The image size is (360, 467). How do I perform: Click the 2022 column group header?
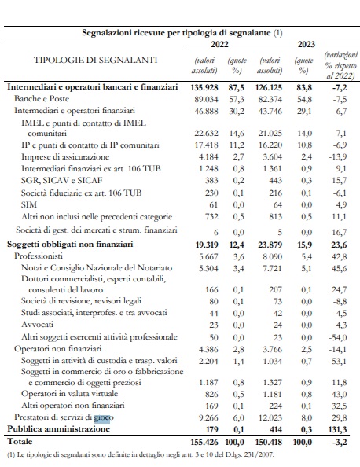(x=219, y=44)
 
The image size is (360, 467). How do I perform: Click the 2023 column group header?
(x=306, y=44)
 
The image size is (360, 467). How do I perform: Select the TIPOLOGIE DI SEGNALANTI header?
(x=95, y=60)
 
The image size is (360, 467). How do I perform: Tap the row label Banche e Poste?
(x=42, y=98)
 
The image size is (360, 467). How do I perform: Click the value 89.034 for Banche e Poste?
(x=206, y=99)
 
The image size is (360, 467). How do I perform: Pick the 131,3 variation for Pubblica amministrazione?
(x=339, y=429)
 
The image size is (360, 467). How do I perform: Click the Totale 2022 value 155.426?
(x=204, y=442)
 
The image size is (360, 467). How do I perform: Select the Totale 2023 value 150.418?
(x=269, y=442)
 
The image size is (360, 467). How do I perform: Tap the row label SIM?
(x=29, y=204)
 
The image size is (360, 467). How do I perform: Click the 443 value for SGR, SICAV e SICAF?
(x=274, y=181)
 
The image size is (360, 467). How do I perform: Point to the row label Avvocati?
(x=37, y=325)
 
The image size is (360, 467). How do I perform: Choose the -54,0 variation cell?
(x=338, y=337)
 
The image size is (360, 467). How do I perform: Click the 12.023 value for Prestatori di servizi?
(x=270, y=417)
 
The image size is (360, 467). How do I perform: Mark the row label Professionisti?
(x=39, y=256)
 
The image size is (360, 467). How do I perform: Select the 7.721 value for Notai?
(x=273, y=268)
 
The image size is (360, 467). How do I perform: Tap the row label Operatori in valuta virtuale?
(x=69, y=393)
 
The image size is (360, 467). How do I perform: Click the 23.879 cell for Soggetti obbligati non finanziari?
(x=270, y=245)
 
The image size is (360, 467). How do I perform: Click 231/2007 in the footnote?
(x=262, y=454)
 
